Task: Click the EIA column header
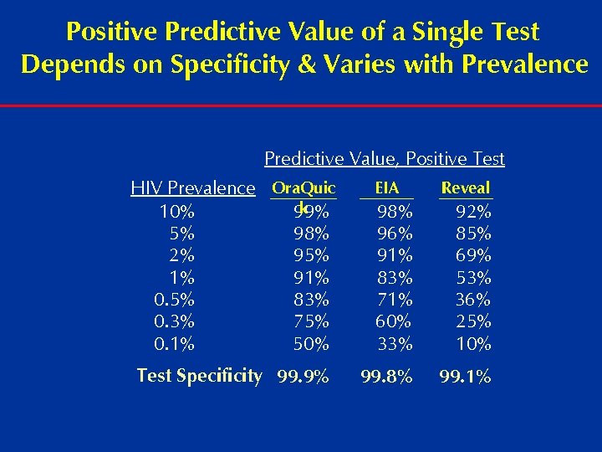386,188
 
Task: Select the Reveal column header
466,188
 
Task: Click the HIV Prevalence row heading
193,188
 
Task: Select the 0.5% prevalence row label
175,300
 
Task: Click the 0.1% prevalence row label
175,343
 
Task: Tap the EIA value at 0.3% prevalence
394,321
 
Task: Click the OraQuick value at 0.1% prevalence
311,343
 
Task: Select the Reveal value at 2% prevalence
473,255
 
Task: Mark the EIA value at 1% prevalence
394,277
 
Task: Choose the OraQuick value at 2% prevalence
311,255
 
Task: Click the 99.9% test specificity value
304,377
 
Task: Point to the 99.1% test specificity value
467,377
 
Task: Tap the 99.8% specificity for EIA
385,377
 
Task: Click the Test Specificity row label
199,376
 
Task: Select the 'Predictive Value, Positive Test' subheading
385,158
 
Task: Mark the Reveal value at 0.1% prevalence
473,343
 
